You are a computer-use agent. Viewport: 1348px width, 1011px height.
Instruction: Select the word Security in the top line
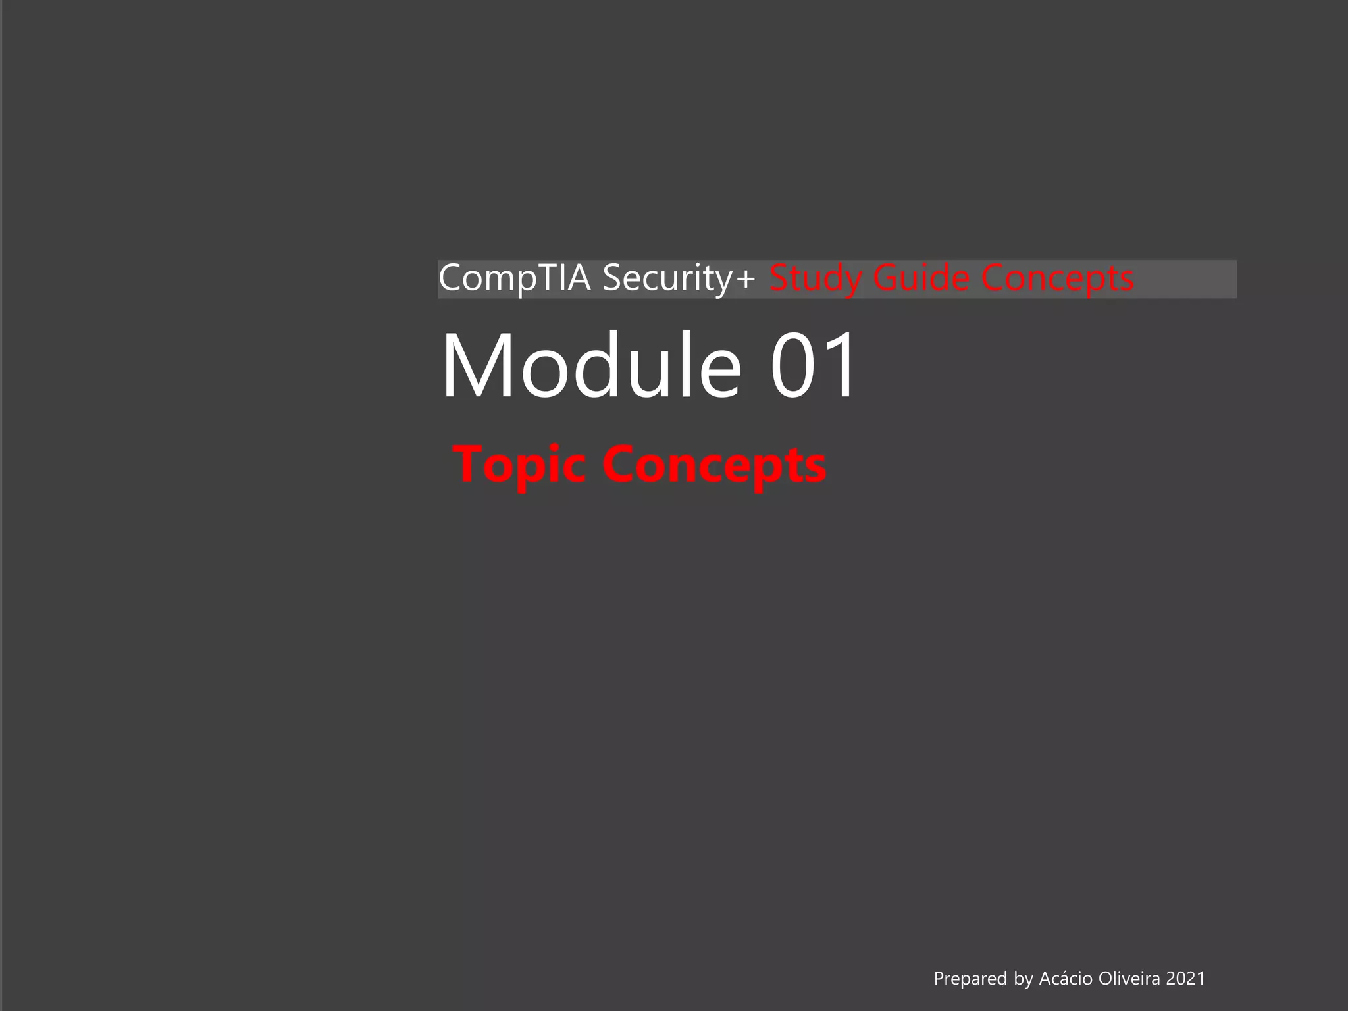pyautogui.click(x=667, y=278)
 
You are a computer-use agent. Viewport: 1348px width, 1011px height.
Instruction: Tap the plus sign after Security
pyautogui.click(x=746, y=279)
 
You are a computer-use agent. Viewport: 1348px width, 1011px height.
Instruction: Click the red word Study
pyautogui.click(x=816, y=278)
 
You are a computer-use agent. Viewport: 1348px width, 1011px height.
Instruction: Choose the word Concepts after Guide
pyautogui.click(x=1058, y=278)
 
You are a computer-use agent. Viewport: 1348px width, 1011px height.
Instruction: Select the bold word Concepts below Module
pyautogui.click(x=714, y=465)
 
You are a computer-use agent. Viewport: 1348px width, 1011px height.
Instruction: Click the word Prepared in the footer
pyautogui.click(x=971, y=979)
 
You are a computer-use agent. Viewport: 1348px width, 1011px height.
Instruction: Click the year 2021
pyautogui.click(x=1185, y=979)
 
